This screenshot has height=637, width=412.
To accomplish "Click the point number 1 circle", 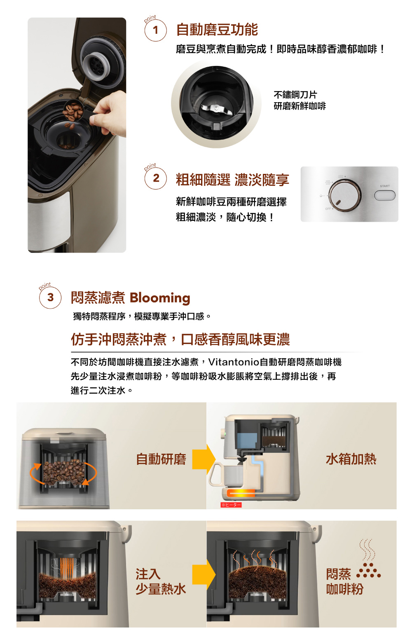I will [155, 30].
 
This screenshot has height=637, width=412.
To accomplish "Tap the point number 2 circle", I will [156, 178].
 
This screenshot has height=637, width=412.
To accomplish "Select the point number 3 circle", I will [50, 297].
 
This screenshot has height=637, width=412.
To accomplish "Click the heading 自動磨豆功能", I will [217, 30].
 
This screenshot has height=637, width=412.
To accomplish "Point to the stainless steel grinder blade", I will [215, 109].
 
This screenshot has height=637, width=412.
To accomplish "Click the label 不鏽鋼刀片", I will [295, 95].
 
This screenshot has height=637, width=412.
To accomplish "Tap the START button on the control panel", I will [384, 195].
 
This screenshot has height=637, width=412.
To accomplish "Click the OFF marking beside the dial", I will [328, 209].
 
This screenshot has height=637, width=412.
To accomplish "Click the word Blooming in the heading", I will [160, 297].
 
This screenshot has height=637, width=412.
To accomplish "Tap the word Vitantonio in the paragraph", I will [234, 362].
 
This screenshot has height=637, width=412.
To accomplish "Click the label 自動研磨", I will [161, 459].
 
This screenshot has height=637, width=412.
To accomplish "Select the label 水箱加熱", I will [351, 459].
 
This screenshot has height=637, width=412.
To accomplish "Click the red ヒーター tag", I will [231, 505].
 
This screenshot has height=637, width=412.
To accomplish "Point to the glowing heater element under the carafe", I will [241, 493].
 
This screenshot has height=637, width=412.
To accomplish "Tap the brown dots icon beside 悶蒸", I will [368, 571].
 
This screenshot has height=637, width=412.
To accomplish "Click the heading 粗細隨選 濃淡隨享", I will [232, 180].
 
